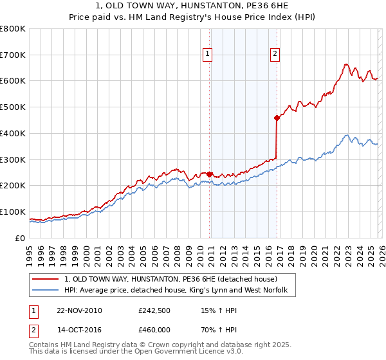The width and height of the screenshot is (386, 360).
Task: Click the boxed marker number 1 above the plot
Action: [208, 55]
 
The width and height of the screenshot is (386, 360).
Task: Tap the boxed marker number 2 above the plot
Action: [275, 55]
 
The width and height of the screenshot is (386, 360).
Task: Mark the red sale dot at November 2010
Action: [210, 174]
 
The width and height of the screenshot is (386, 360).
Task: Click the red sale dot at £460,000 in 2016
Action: [277, 118]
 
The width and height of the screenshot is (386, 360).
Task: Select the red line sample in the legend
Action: [46, 280]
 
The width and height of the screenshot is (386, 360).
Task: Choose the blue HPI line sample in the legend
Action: [46, 291]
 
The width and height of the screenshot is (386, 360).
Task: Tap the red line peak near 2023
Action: [345, 64]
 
